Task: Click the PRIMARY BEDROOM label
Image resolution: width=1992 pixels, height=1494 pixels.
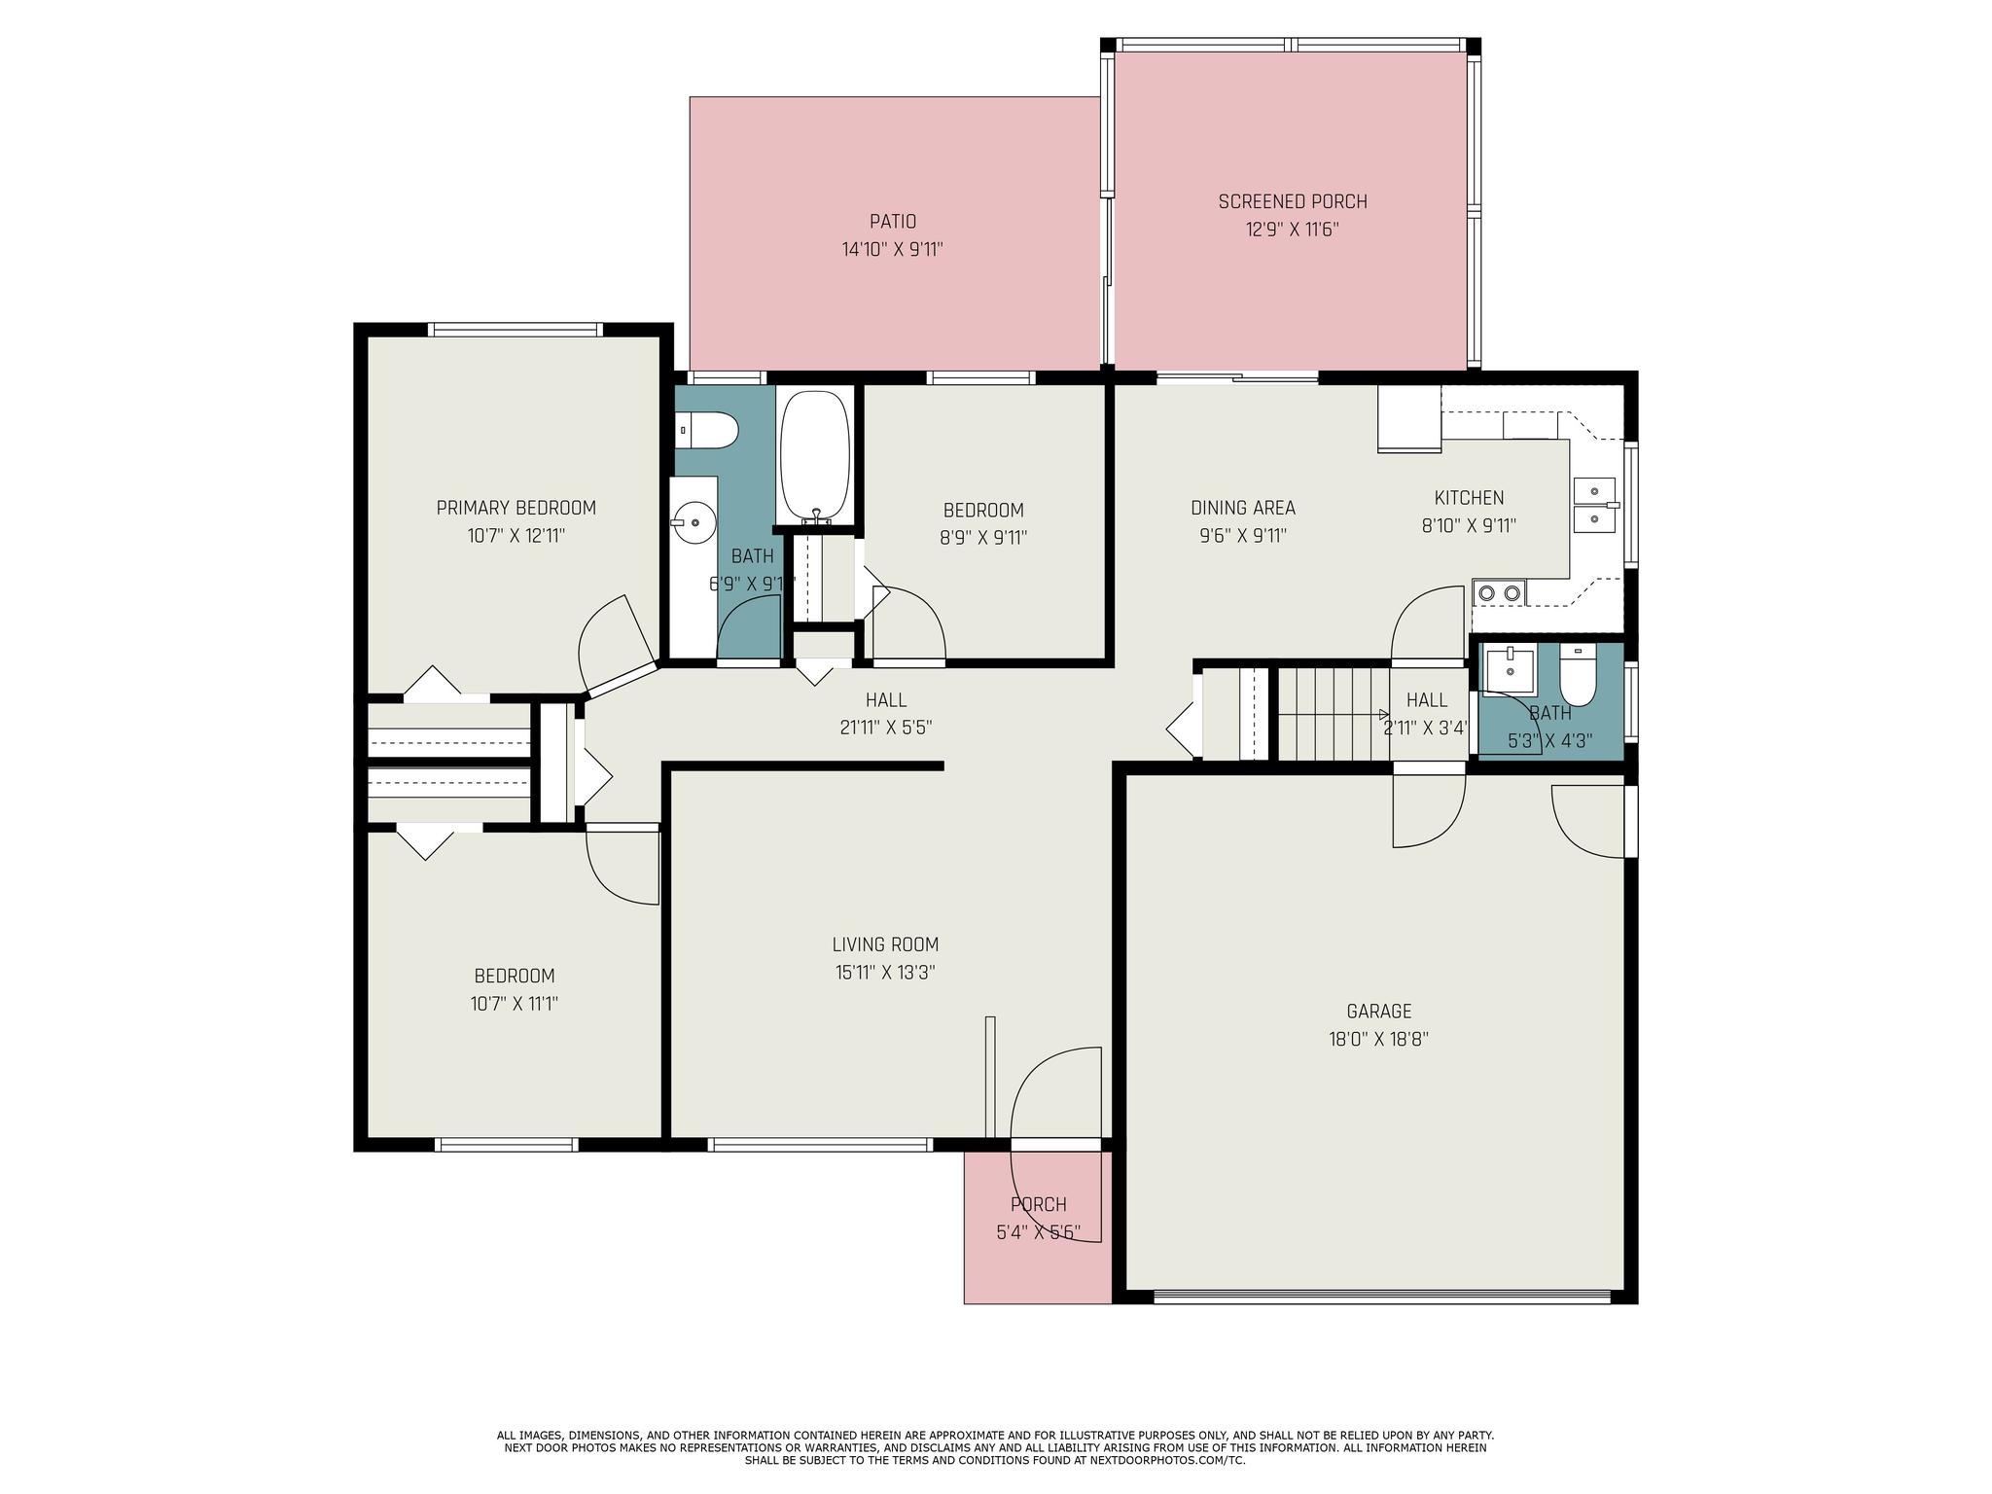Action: (516, 508)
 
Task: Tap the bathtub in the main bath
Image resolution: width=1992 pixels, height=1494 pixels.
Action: (814, 457)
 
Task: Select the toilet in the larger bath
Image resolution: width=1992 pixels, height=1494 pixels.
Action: (706, 430)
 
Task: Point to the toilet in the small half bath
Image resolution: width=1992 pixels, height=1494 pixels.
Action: (1578, 676)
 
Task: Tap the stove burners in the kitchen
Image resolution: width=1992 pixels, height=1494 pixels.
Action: (1500, 591)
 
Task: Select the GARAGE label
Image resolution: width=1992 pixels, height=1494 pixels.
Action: (1378, 1012)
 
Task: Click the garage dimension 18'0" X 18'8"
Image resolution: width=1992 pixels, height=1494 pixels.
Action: (1378, 1040)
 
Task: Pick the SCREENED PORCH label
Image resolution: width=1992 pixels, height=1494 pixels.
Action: (1293, 202)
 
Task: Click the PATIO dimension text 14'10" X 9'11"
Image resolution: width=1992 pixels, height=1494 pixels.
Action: (893, 249)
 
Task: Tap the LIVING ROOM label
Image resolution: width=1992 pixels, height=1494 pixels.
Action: (885, 944)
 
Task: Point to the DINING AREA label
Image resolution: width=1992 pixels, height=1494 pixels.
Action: (1243, 508)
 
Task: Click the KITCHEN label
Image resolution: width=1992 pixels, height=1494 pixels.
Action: (1469, 498)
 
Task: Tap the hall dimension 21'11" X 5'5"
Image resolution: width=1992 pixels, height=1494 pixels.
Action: (885, 728)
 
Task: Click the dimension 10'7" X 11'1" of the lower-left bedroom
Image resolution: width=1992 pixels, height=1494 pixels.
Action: (514, 1004)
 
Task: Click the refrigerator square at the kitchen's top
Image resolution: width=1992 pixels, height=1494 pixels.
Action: (1409, 419)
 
